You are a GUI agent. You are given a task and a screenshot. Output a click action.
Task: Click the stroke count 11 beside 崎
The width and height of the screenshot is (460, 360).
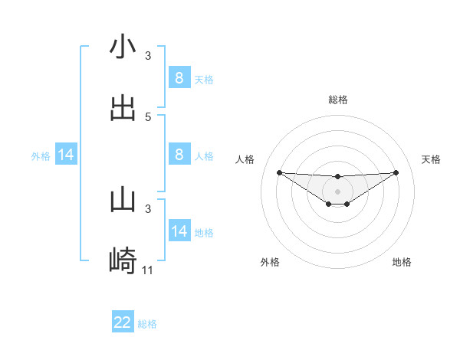(148, 270)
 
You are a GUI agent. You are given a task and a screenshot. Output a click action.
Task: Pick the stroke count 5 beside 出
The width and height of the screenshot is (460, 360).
(148, 117)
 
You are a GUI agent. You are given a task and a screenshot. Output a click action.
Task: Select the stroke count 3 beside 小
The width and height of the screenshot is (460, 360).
(148, 56)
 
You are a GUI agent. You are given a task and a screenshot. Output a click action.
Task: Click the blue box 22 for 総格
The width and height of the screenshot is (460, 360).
(123, 322)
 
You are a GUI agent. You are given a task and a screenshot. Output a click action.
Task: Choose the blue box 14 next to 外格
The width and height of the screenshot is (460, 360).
(66, 155)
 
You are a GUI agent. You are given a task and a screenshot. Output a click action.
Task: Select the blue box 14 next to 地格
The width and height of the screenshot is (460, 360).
(179, 231)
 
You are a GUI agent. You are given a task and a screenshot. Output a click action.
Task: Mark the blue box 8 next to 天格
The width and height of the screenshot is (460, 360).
(179, 77)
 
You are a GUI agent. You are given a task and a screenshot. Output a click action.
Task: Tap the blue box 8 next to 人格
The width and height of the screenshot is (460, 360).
(179, 155)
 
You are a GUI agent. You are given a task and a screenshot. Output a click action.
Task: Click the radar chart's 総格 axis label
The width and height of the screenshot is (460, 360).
(337, 100)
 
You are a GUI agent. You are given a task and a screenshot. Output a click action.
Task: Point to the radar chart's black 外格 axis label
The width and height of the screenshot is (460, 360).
(270, 262)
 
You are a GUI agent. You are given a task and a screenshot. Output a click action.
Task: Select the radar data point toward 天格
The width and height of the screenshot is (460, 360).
(396, 172)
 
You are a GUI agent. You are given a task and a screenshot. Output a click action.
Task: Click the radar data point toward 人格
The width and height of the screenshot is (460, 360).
(279, 172)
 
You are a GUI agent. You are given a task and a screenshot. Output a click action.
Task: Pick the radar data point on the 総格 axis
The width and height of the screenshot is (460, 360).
(337, 177)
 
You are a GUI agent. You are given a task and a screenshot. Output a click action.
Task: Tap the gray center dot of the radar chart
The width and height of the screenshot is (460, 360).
(337, 191)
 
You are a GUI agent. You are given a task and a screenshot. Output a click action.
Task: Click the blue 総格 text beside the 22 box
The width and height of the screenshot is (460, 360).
(148, 324)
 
